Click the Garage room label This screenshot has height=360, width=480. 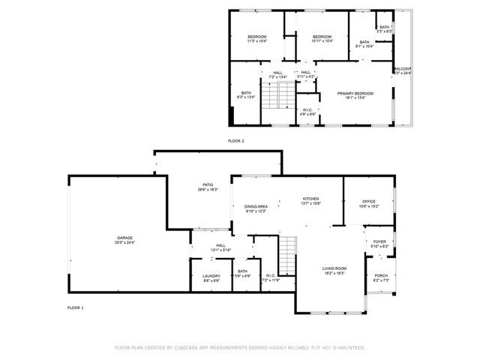[x=124, y=239]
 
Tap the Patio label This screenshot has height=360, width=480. [x=208, y=187]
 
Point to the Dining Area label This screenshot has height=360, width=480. [x=256, y=208]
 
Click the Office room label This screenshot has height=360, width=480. [x=368, y=202]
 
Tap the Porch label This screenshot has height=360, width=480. [x=381, y=277]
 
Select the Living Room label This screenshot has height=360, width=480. [x=334, y=270]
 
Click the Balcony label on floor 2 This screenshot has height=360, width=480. [x=402, y=70]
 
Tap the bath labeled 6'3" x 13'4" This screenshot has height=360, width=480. [x=245, y=94]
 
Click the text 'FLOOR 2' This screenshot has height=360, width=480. [x=236, y=140]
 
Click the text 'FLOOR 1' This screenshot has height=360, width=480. [x=76, y=307]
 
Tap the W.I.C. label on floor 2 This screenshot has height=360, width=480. [x=307, y=111]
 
